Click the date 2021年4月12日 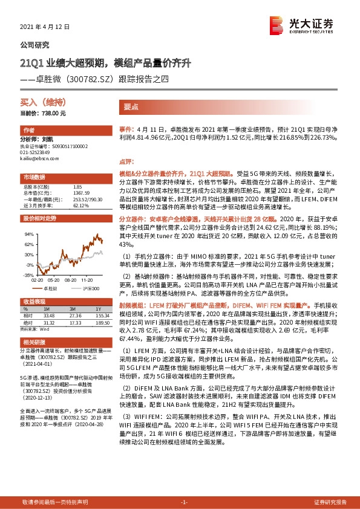(45, 27)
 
